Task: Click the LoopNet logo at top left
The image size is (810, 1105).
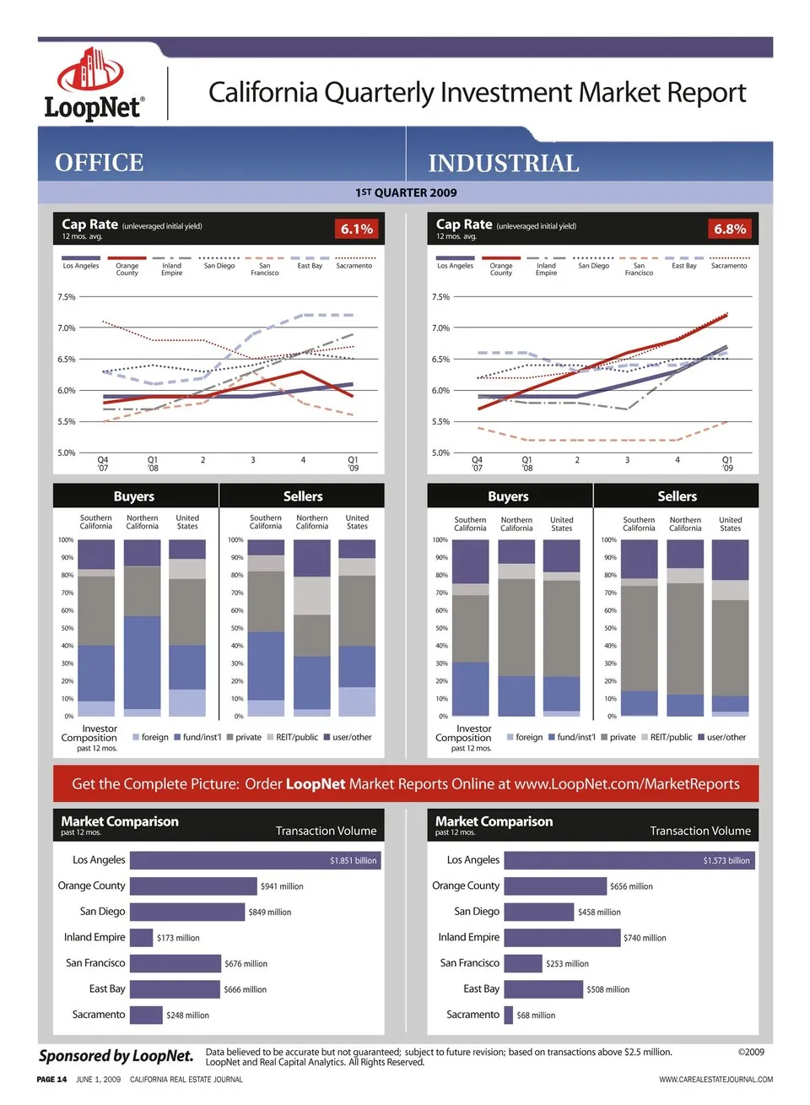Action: pyautogui.click(x=94, y=84)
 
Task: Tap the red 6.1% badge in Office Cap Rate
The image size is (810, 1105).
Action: pyautogui.click(x=356, y=229)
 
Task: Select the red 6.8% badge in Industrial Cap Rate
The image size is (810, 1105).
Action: pyautogui.click(x=730, y=229)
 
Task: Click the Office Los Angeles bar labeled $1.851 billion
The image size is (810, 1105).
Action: pyautogui.click(x=255, y=860)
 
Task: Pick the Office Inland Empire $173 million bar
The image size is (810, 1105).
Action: pyautogui.click(x=142, y=938)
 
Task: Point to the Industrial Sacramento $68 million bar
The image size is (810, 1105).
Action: pyautogui.click(x=509, y=1016)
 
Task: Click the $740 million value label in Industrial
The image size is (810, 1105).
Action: pyautogui.click(x=645, y=938)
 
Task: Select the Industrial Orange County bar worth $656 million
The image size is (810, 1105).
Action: pyautogui.click(x=555, y=886)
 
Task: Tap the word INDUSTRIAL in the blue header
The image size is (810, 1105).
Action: pyautogui.click(x=504, y=163)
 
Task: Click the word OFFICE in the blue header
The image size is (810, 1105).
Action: pyautogui.click(x=100, y=162)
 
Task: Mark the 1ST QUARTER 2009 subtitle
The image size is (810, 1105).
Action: pyautogui.click(x=406, y=192)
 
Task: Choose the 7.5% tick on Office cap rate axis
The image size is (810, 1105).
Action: pyautogui.click(x=66, y=297)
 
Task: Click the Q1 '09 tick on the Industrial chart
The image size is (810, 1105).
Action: pyautogui.click(x=727, y=463)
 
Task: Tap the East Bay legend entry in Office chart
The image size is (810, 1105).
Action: pyautogui.click(x=310, y=265)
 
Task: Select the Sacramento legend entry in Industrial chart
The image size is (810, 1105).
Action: pyautogui.click(x=729, y=265)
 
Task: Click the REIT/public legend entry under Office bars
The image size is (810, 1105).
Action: pyautogui.click(x=292, y=737)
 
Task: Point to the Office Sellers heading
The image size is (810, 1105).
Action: pyautogui.click(x=303, y=496)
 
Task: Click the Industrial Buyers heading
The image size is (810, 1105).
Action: pyautogui.click(x=508, y=496)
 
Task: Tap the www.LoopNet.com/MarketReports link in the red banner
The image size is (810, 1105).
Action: pyautogui.click(x=627, y=784)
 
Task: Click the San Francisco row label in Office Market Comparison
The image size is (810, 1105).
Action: pyautogui.click(x=95, y=963)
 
